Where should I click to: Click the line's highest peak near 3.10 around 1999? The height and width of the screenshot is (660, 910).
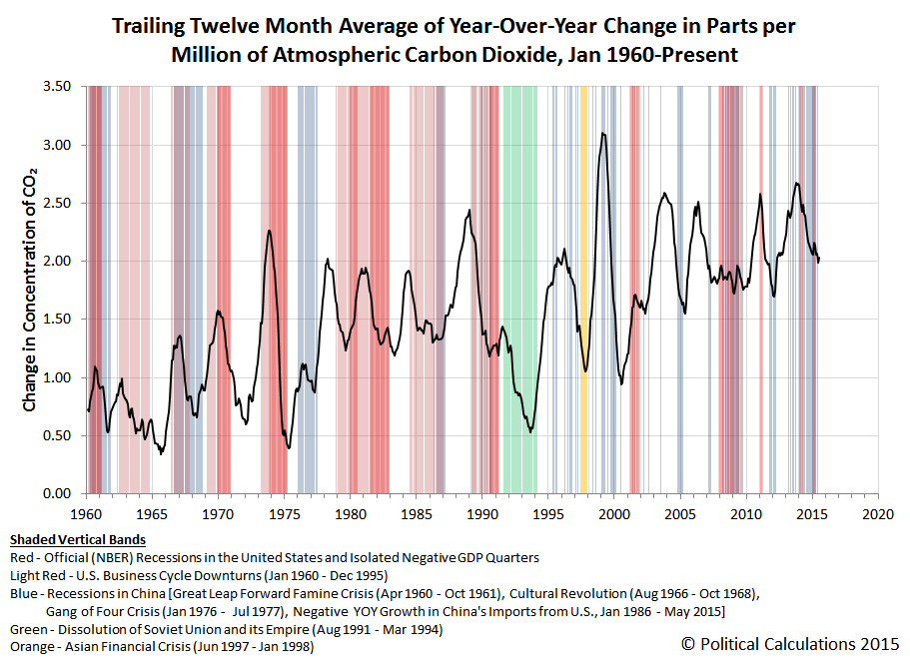tap(603, 133)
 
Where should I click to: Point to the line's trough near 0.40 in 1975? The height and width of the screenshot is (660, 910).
tap(289, 447)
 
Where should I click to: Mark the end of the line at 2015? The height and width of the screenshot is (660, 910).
tap(819, 262)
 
